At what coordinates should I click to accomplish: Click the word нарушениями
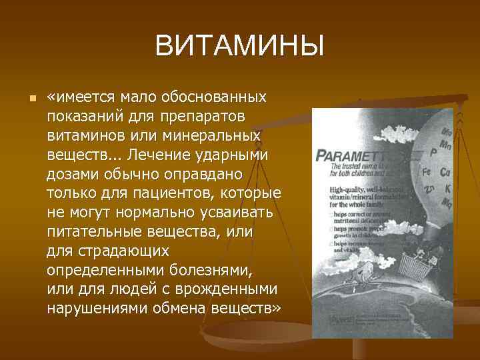pos(94,309)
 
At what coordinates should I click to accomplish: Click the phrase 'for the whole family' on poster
pos(360,204)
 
